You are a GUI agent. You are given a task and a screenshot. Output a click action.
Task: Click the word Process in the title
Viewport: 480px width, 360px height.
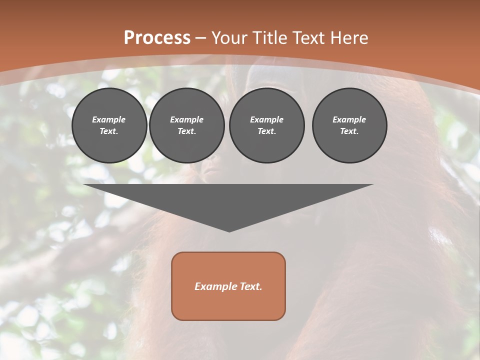pos(157,38)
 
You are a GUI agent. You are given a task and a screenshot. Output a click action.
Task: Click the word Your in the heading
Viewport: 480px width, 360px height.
pos(228,38)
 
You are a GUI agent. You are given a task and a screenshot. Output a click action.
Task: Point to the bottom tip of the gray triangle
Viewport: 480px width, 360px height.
pos(229,230)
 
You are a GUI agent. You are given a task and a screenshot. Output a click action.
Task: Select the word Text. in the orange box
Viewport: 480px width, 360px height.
pos(251,286)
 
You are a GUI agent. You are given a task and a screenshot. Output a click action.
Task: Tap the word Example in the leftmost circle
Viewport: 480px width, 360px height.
pos(109,119)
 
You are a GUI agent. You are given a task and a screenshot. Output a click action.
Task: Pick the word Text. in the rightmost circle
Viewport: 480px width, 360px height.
pos(349,131)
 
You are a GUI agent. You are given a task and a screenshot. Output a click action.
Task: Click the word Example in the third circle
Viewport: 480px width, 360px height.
pos(266,119)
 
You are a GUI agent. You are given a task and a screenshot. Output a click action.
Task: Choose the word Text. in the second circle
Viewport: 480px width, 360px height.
pos(186,131)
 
